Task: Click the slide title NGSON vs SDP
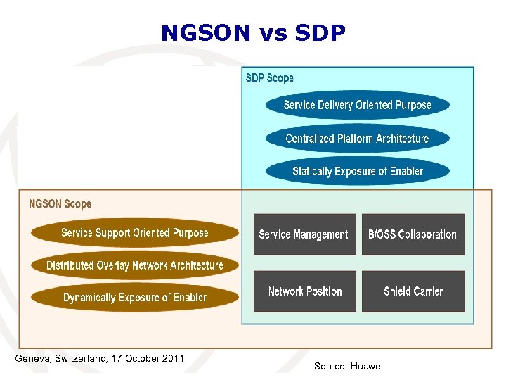pyautogui.click(x=253, y=32)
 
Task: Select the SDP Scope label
pyautogui.click(x=269, y=78)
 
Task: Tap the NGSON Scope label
pyautogui.click(x=60, y=204)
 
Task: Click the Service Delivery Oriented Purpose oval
pyautogui.click(x=357, y=105)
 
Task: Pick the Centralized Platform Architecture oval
pyautogui.click(x=357, y=138)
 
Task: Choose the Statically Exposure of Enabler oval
pyautogui.click(x=357, y=171)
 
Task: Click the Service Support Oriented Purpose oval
pyautogui.click(x=134, y=233)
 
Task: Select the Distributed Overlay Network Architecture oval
pyautogui.click(x=134, y=265)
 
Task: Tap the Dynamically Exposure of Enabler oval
pyautogui.click(x=134, y=298)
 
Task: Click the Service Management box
pyautogui.click(x=304, y=234)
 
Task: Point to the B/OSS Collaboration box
pyautogui.click(x=413, y=234)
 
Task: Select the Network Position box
pyautogui.click(x=304, y=291)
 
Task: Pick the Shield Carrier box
pyautogui.click(x=413, y=291)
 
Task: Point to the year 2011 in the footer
pyautogui.click(x=173, y=359)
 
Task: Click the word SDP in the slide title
pyautogui.click(x=318, y=32)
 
